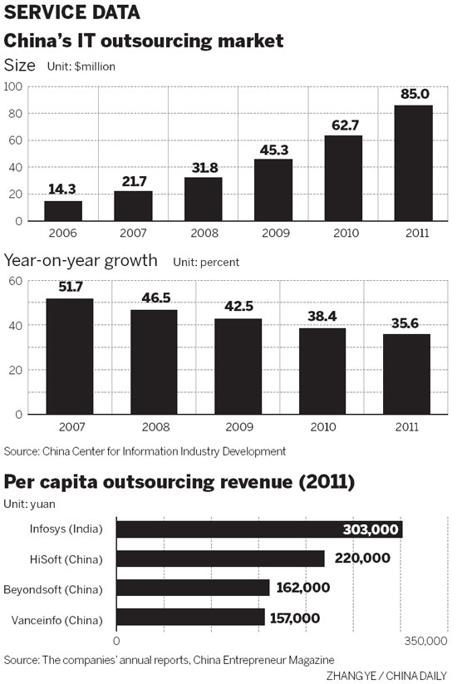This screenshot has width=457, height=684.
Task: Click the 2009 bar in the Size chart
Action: [x=273, y=189]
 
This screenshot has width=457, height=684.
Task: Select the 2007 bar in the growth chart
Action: [x=69, y=356]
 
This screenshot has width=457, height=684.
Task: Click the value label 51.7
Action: [x=69, y=287]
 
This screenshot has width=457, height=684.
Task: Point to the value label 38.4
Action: [x=322, y=317]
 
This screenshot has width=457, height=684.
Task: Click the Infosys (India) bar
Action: [x=258, y=529]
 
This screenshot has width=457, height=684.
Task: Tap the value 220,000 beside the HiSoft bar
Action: [x=362, y=559]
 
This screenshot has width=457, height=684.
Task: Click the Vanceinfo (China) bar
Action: [x=190, y=618]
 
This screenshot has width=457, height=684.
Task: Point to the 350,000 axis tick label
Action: [x=425, y=642]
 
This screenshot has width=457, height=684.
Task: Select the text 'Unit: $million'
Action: [x=81, y=66]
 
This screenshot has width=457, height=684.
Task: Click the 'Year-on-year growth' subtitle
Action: [x=81, y=261]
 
